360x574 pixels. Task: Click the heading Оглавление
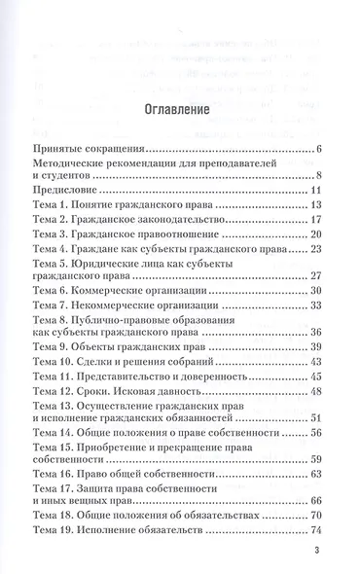pyautogui.click(x=179, y=110)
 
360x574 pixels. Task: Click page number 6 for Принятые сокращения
pyautogui.click(x=318, y=149)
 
